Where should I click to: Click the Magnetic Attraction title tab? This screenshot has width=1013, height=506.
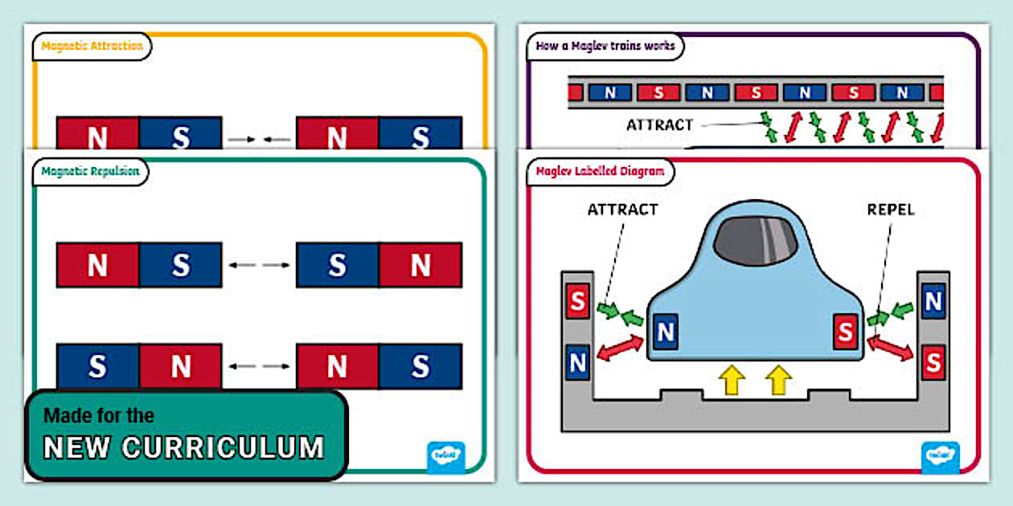[92, 46]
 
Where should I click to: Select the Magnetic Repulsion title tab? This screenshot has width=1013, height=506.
[90, 171]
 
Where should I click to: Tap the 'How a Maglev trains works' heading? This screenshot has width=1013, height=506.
[605, 46]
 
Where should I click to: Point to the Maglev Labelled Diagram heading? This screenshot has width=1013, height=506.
[600, 171]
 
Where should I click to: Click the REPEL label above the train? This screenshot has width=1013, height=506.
[890, 210]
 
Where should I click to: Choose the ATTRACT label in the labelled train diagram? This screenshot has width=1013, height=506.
[622, 210]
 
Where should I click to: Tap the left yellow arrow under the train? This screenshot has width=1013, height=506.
[732, 380]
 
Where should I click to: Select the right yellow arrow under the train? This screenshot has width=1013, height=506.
[777, 380]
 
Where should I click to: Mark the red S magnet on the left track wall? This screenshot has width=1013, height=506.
[576, 301]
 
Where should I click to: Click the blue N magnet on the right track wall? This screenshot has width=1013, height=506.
[933, 301]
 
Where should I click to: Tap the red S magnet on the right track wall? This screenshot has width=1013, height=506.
[933, 362]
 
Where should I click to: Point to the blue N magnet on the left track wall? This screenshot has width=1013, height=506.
[576, 362]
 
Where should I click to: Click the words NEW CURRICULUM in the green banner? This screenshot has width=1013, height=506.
[184, 447]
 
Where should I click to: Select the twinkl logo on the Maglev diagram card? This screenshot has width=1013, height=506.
[940, 457]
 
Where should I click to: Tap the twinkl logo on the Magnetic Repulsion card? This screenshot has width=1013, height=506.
[445, 457]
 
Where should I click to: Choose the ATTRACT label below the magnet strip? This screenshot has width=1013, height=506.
[659, 124]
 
